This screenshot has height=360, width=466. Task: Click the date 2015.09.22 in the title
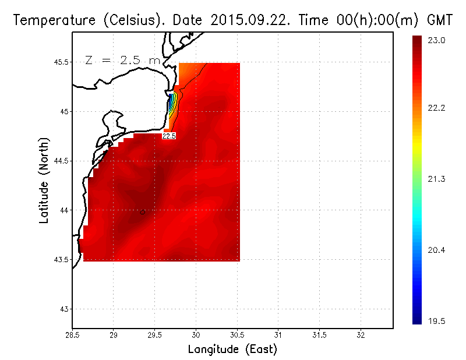[255, 20]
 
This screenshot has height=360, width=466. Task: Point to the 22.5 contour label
[169, 136]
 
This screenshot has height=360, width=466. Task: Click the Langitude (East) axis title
[232, 350]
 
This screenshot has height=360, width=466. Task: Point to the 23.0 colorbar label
[437, 41]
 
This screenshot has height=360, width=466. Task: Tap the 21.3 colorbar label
[437, 179]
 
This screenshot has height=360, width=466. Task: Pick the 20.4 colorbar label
[437, 250]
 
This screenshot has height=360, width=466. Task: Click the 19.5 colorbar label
[437, 320]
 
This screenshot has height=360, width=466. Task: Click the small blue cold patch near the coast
[170, 105]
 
